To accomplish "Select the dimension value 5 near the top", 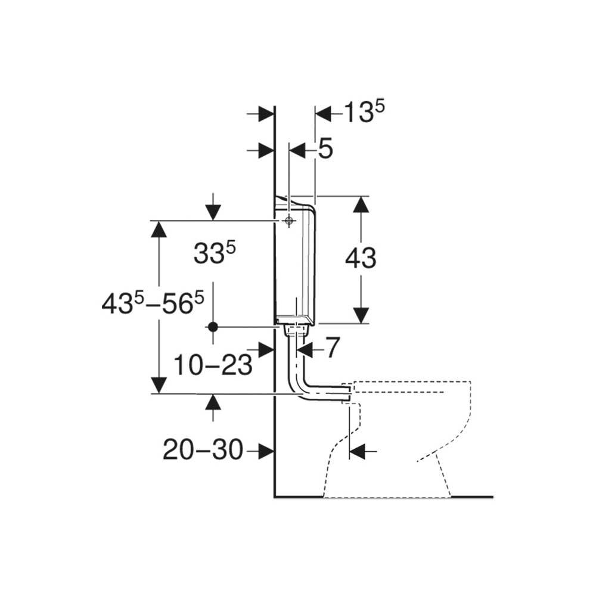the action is coord(325,148).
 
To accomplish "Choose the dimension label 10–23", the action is coord(213,365).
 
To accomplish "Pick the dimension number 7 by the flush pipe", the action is coord(332,348).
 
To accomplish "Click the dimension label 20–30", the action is coord(203,450).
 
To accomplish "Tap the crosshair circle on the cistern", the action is coord(289,221).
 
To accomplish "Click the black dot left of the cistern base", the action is coord(213,326).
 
